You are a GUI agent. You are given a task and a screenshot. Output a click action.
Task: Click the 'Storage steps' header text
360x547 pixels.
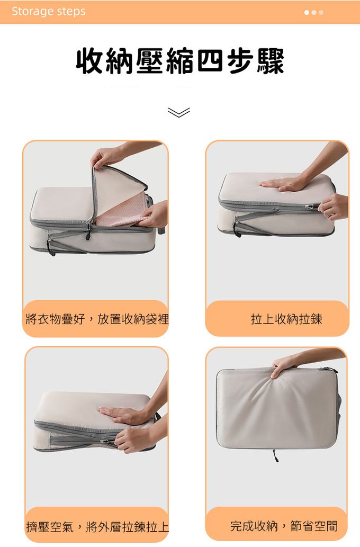[49, 12]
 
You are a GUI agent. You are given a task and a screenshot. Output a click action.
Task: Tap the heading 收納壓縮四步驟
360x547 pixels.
[180, 61]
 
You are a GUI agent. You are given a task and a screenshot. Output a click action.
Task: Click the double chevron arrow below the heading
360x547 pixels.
[178, 112]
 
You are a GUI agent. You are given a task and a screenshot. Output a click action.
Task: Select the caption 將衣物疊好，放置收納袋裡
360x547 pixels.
[97, 319]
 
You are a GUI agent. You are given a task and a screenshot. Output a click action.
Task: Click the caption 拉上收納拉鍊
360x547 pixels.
[286, 319]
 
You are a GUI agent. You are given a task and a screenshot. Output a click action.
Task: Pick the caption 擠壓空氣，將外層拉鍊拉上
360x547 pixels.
[97, 526]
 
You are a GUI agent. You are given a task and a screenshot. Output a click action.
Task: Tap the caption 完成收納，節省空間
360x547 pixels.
[284, 526]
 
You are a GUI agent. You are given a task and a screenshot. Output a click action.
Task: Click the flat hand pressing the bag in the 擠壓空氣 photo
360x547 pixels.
[122, 415]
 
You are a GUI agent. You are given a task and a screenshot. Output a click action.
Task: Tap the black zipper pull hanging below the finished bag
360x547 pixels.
[276, 455]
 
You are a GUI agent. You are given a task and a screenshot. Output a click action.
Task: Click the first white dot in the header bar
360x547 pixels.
[307, 12]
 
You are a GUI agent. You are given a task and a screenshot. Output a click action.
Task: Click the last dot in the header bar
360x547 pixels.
[321, 12]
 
